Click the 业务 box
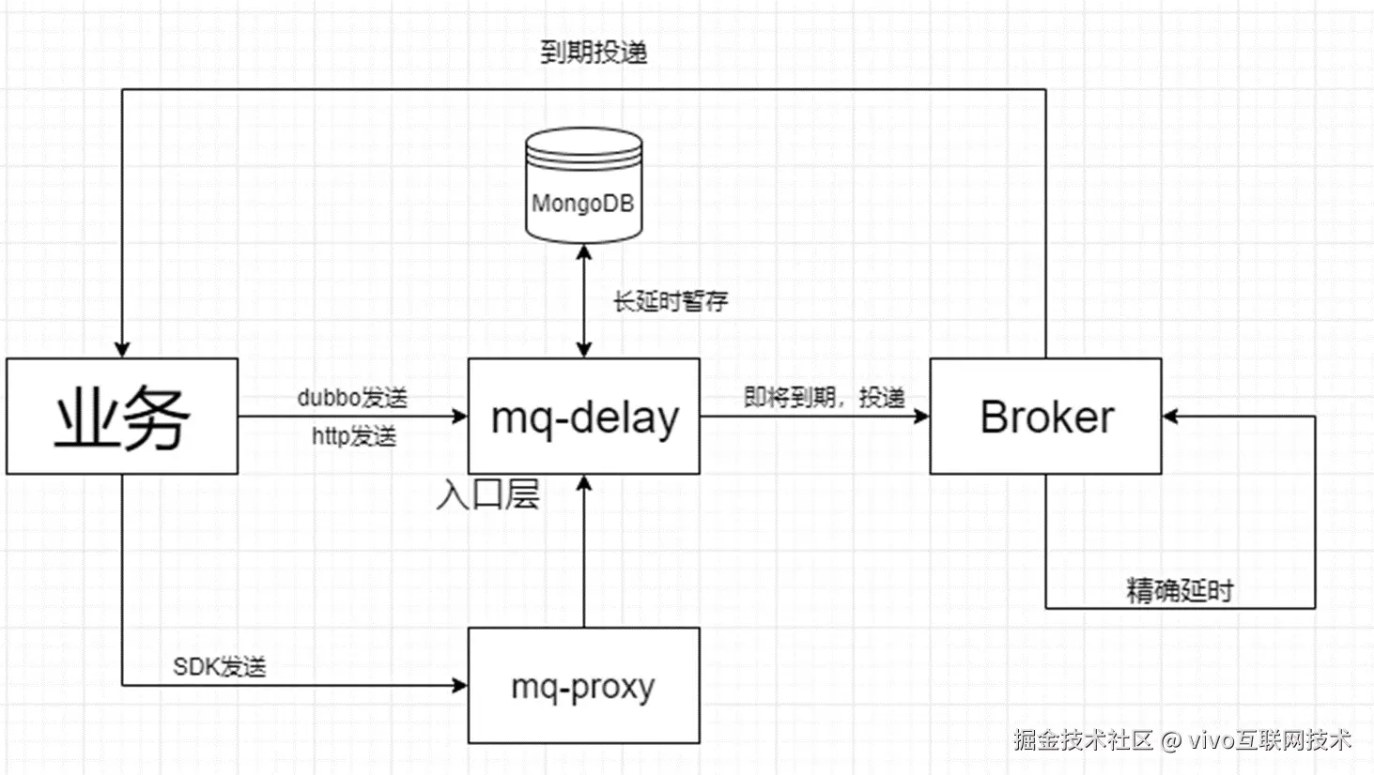122,416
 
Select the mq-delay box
583,416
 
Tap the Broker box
1045,416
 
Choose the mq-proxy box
583,686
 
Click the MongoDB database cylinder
583,186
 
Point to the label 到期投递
594,52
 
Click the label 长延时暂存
671,301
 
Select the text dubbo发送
352,398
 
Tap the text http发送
354,436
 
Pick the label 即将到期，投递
825,398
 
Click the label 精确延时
1180,591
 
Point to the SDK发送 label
220,667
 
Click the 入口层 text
487,494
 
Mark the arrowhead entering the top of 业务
122,350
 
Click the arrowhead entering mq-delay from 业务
460,416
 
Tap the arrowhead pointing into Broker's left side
922,416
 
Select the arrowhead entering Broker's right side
1169,416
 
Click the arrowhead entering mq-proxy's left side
460,685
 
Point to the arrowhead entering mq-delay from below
584,482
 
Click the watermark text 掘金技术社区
1083,740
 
